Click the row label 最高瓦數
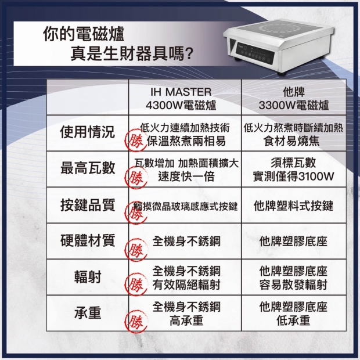pos(88,168)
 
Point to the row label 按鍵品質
pos(88,205)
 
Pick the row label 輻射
pos(88,276)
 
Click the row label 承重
pos(88,313)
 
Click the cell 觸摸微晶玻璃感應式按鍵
pos(186,206)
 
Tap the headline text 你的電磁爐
pos(83,34)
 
